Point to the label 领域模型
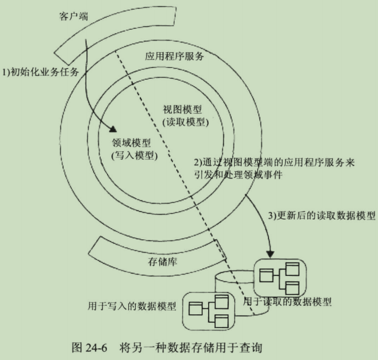131,143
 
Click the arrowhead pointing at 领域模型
112,129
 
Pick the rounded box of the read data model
281,278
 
